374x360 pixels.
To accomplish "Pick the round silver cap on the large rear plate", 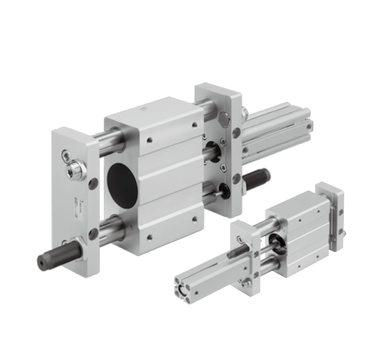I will pos(225,119).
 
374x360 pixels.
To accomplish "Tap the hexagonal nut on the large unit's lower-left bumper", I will pos(74,244).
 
